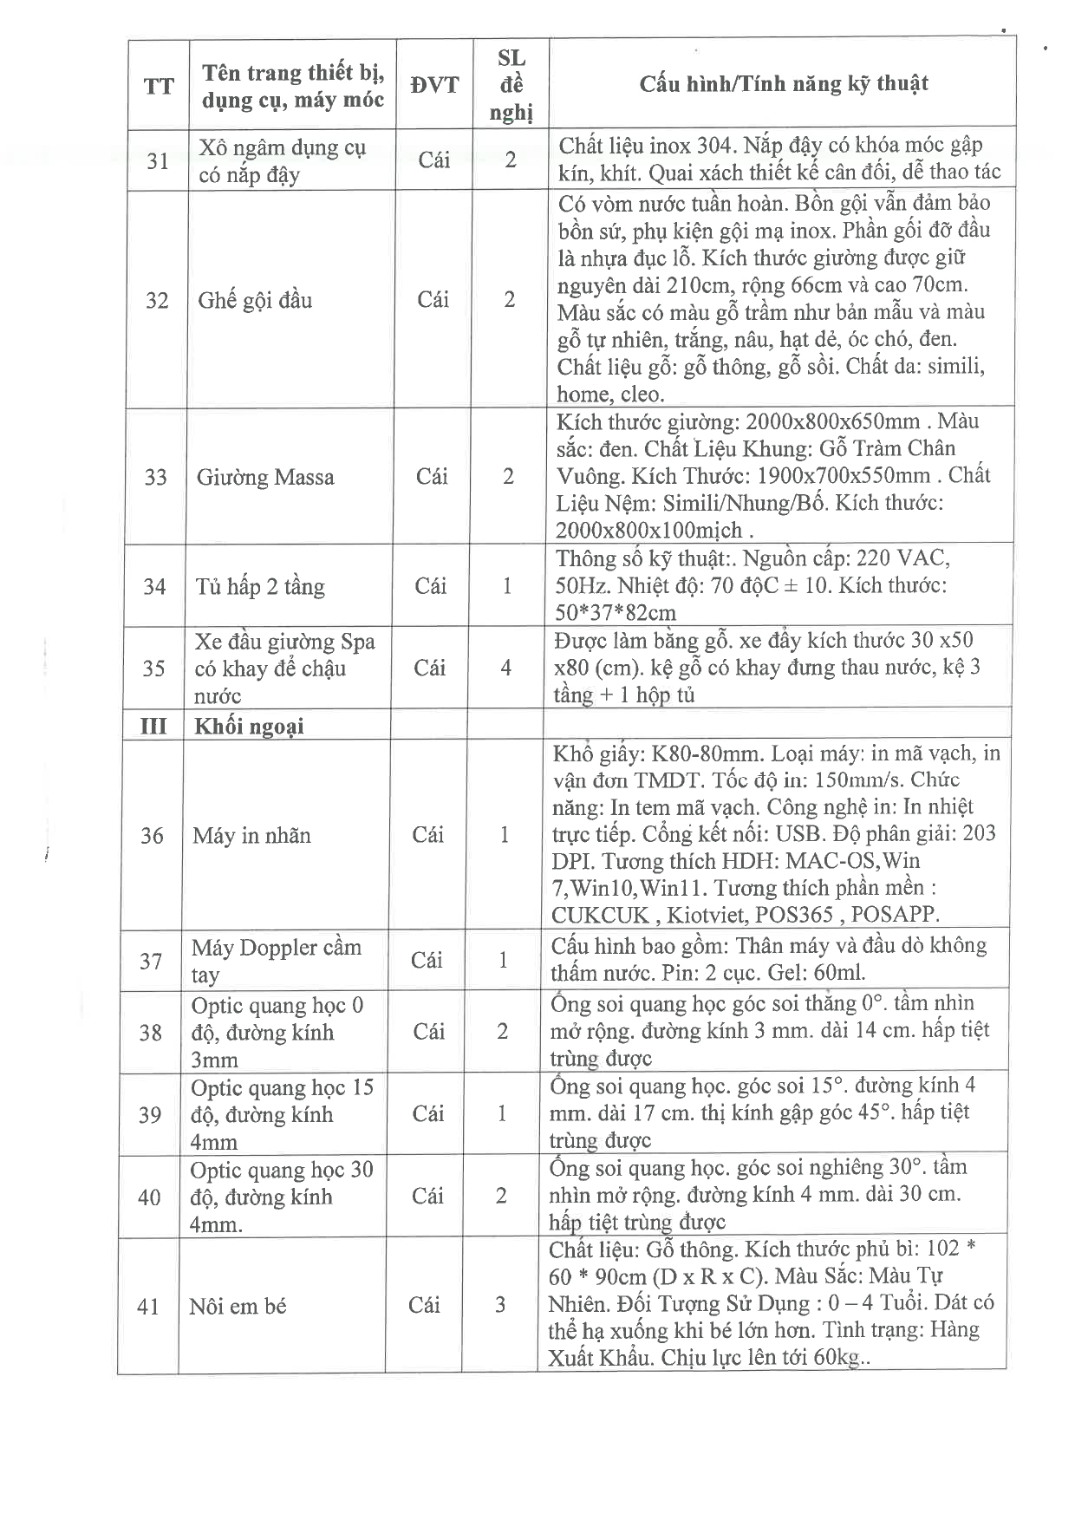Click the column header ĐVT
[x=434, y=85]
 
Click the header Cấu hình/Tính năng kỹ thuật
[x=783, y=84]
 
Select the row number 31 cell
[x=158, y=161]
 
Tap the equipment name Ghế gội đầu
[x=255, y=301]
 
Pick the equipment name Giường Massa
[x=264, y=477]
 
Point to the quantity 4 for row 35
[x=506, y=668]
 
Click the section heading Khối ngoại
[x=249, y=727]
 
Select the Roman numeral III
[x=153, y=726]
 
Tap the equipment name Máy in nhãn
[x=251, y=836]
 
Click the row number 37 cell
[x=151, y=961]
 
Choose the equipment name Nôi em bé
[x=238, y=1306]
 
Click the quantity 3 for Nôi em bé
[x=500, y=1305]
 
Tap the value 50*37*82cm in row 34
[x=616, y=613]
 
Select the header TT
[x=159, y=86]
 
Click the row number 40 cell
[x=149, y=1197]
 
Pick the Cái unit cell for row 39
[x=428, y=1114]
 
